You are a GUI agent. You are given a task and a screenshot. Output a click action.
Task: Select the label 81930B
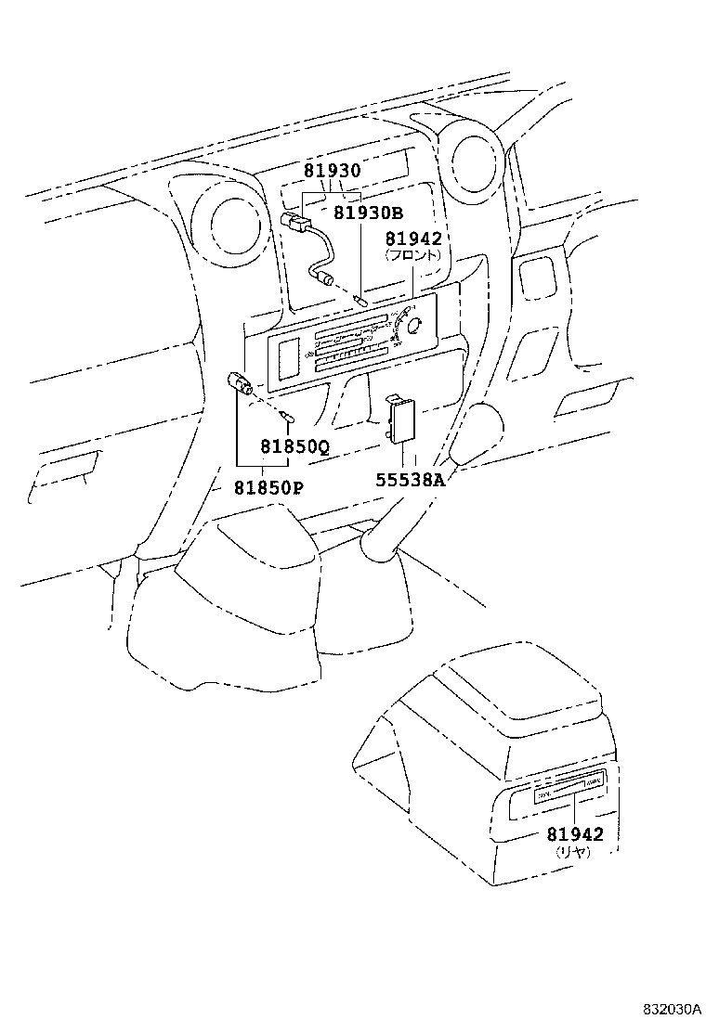coord(368,213)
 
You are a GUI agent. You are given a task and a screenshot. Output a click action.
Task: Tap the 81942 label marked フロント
coord(413,239)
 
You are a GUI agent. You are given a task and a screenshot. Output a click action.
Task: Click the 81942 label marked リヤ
coord(574,834)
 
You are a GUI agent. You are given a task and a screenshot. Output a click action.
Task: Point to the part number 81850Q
coord(294,446)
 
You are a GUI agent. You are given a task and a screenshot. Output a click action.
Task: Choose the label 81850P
coord(268,487)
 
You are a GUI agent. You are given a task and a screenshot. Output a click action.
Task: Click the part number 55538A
coord(411,480)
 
